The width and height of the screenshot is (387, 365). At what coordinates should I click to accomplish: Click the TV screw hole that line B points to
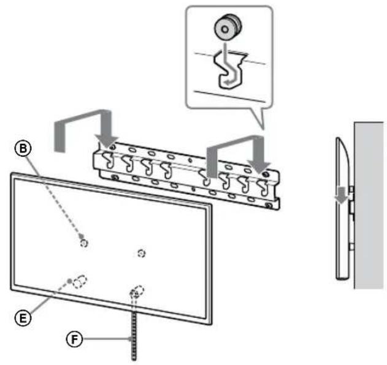pyautogui.click(x=84, y=242)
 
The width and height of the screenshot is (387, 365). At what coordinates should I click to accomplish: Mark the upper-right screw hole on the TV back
pyautogui.click(x=142, y=252)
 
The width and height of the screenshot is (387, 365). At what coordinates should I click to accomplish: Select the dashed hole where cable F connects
pyautogui.click(x=137, y=291)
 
